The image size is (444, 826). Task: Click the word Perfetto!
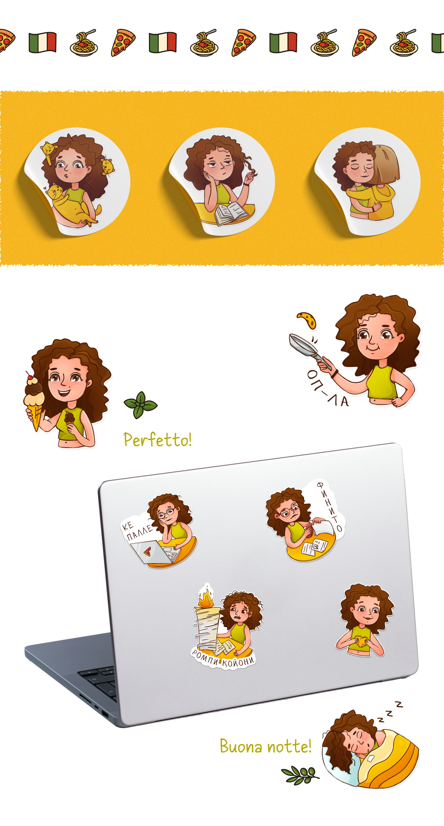(158, 439)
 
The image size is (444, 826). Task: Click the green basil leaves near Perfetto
(140, 405)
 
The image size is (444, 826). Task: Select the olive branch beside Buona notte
(300, 775)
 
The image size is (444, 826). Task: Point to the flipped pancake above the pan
(307, 319)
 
